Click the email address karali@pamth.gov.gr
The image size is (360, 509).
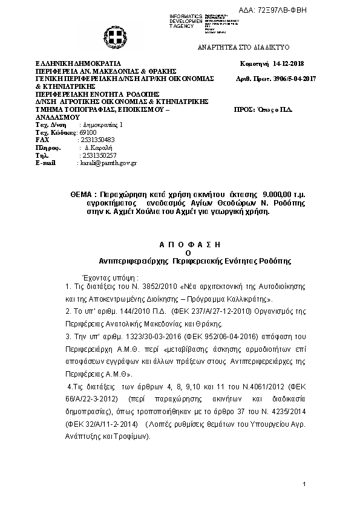108,163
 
